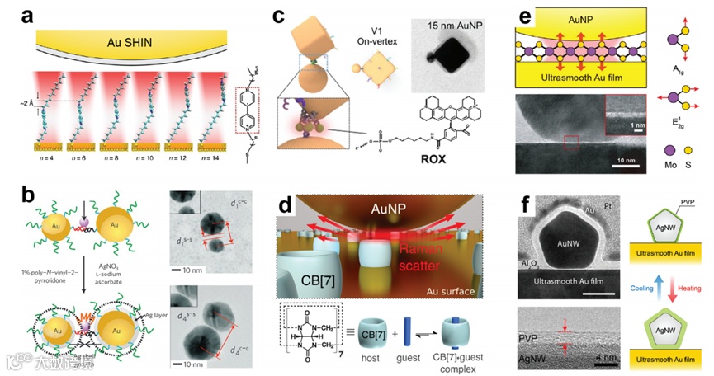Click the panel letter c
pyautogui.click(x=279, y=16)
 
